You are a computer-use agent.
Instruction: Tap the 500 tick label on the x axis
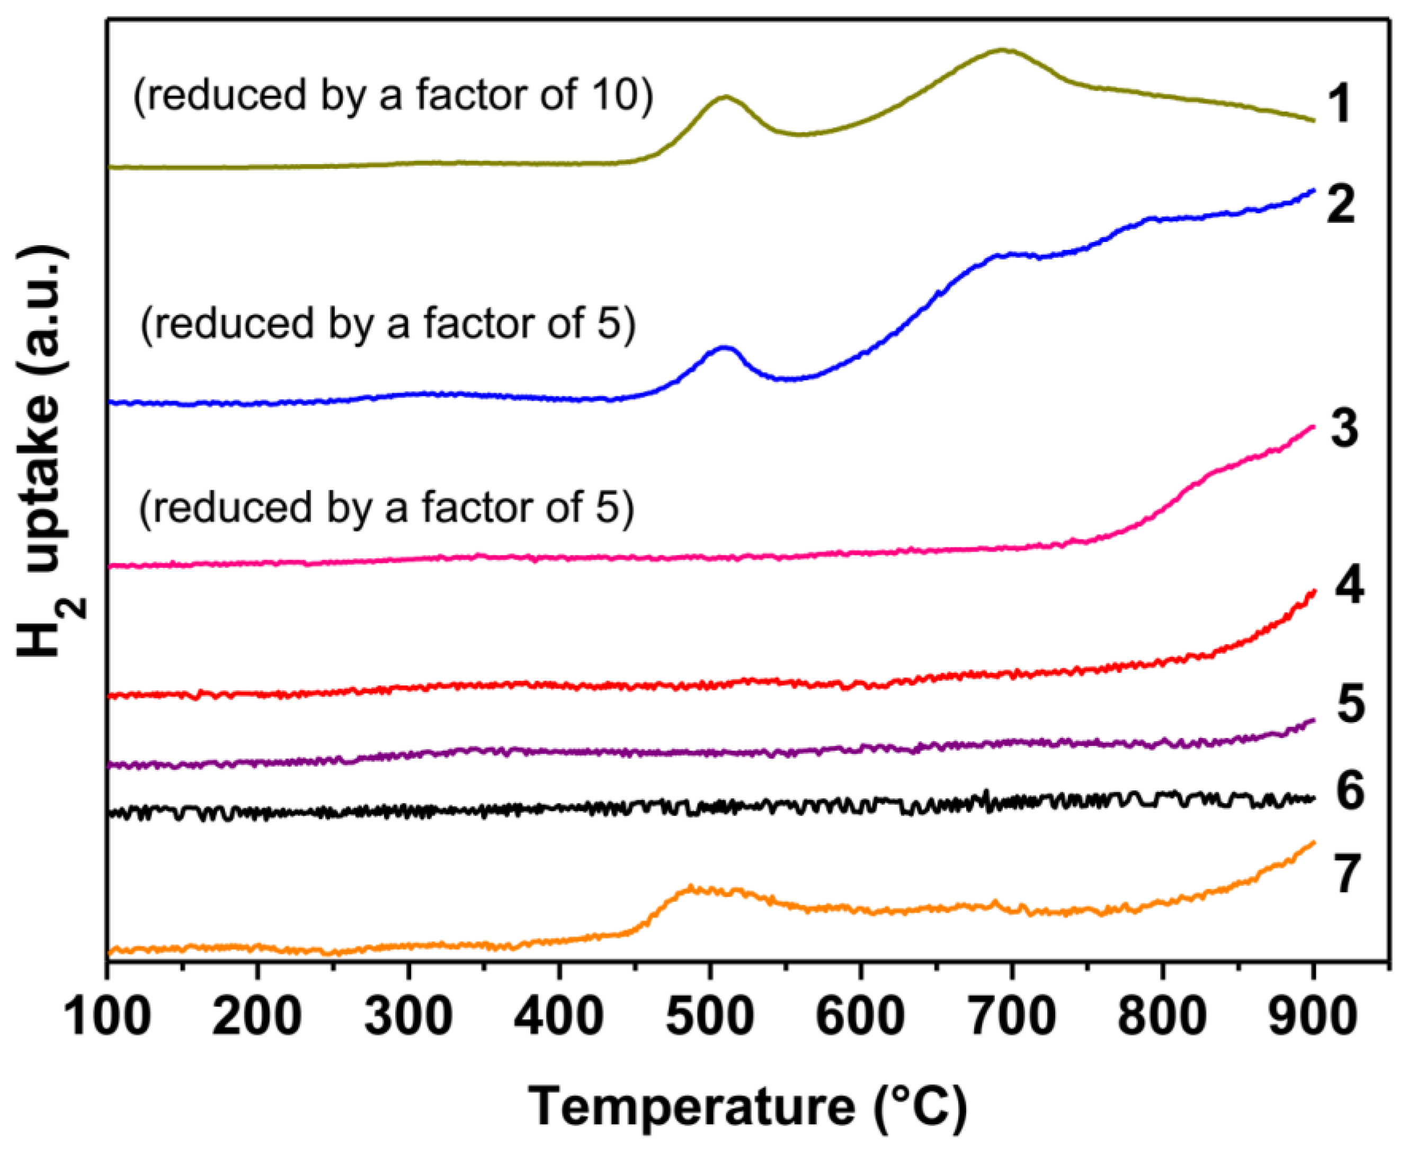[x=710, y=1017]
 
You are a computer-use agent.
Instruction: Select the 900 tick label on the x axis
[x=1312, y=1017]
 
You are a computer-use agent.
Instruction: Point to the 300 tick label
[x=408, y=1017]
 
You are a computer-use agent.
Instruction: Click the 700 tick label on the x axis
[x=1012, y=1017]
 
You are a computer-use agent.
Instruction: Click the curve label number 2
[x=1341, y=204]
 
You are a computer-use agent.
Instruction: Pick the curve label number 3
[x=1343, y=428]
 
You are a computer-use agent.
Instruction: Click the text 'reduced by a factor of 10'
[x=394, y=95]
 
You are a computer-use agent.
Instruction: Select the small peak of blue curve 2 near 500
[x=724, y=347]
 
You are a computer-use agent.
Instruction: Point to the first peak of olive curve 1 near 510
[x=725, y=97]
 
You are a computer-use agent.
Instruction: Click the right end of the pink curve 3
[x=1313, y=426]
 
